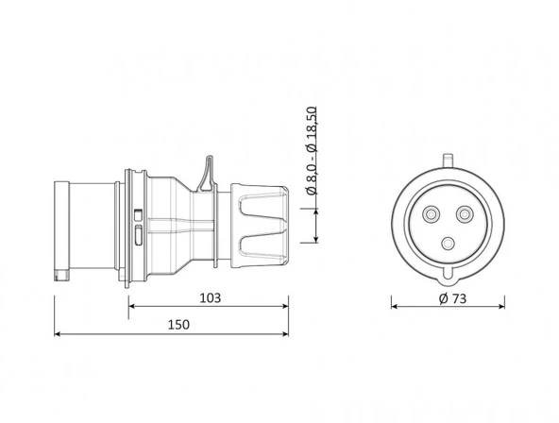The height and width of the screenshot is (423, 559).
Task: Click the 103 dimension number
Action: (210, 297)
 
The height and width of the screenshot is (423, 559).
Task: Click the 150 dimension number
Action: (178, 324)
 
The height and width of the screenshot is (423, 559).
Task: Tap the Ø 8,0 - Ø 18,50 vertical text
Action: (313, 155)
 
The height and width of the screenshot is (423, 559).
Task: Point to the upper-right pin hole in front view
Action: (465, 213)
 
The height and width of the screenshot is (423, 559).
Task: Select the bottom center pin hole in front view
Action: (449, 242)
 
